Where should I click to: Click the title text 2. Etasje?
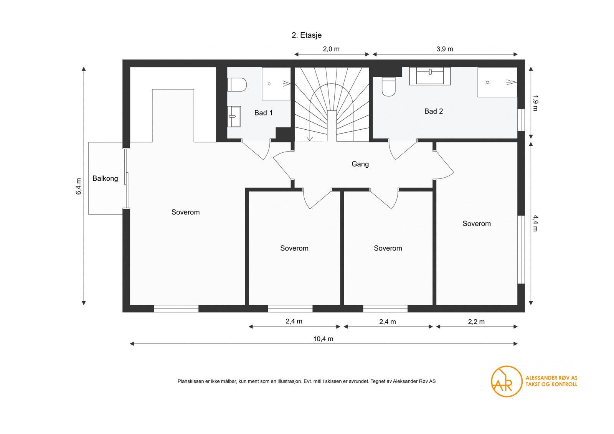(x=306, y=35)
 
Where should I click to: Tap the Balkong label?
(x=105, y=178)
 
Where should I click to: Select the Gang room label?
(x=360, y=164)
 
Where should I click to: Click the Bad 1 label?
(x=263, y=113)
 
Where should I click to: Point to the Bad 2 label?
(x=433, y=111)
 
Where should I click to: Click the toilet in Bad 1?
(x=236, y=85)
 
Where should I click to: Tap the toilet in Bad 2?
(x=388, y=86)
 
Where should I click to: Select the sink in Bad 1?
(x=234, y=117)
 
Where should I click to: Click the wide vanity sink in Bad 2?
(x=429, y=76)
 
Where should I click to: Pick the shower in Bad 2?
(x=497, y=82)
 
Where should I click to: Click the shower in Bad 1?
(x=276, y=84)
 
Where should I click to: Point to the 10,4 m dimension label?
(x=323, y=339)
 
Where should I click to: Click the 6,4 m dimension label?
(x=79, y=186)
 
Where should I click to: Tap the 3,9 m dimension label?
(x=445, y=49)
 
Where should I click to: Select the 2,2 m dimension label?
(x=476, y=322)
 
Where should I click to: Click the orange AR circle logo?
(x=507, y=381)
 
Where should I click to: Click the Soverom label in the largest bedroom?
(x=185, y=212)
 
